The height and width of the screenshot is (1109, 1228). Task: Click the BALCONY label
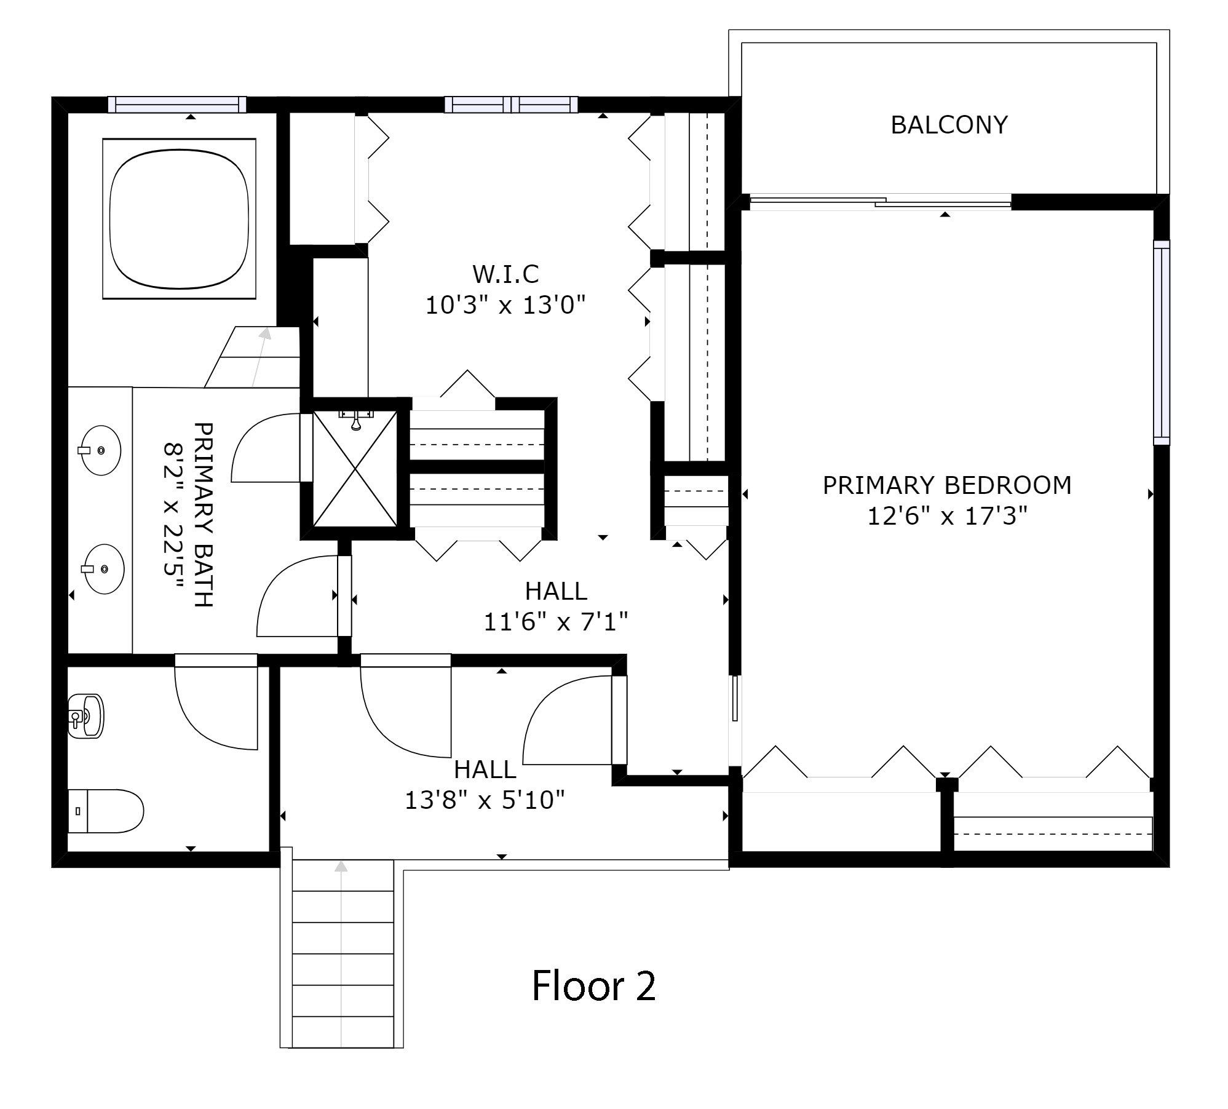point(949,125)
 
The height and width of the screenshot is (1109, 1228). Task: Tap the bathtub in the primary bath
point(179,219)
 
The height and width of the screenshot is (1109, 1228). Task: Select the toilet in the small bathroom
point(105,811)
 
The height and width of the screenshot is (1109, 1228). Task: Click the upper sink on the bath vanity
point(101,450)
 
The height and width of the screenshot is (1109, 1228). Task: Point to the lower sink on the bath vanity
point(103,569)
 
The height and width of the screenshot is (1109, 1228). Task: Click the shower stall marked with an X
point(355,468)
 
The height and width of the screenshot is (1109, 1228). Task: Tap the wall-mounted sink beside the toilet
point(85,716)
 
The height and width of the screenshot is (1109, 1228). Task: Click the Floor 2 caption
point(594,985)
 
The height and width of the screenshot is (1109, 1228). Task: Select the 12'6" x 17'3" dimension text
point(948,516)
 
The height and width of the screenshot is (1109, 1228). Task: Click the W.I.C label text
point(505,274)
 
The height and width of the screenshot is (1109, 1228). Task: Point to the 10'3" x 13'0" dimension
point(505,304)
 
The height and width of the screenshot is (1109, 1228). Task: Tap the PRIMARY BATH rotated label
point(188,514)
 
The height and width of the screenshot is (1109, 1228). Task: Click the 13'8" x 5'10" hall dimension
point(485,800)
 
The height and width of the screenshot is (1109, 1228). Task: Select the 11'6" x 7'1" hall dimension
point(556,622)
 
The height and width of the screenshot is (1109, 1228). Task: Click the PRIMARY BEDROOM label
point(948,485)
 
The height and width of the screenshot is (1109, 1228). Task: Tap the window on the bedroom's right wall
point(1161,342)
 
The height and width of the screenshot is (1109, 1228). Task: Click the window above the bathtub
point(177,105)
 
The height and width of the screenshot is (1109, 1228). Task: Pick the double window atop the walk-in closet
point(511,105)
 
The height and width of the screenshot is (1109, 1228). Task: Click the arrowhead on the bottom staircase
point(341,866)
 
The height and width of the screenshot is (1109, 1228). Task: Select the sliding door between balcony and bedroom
point(881,201)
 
